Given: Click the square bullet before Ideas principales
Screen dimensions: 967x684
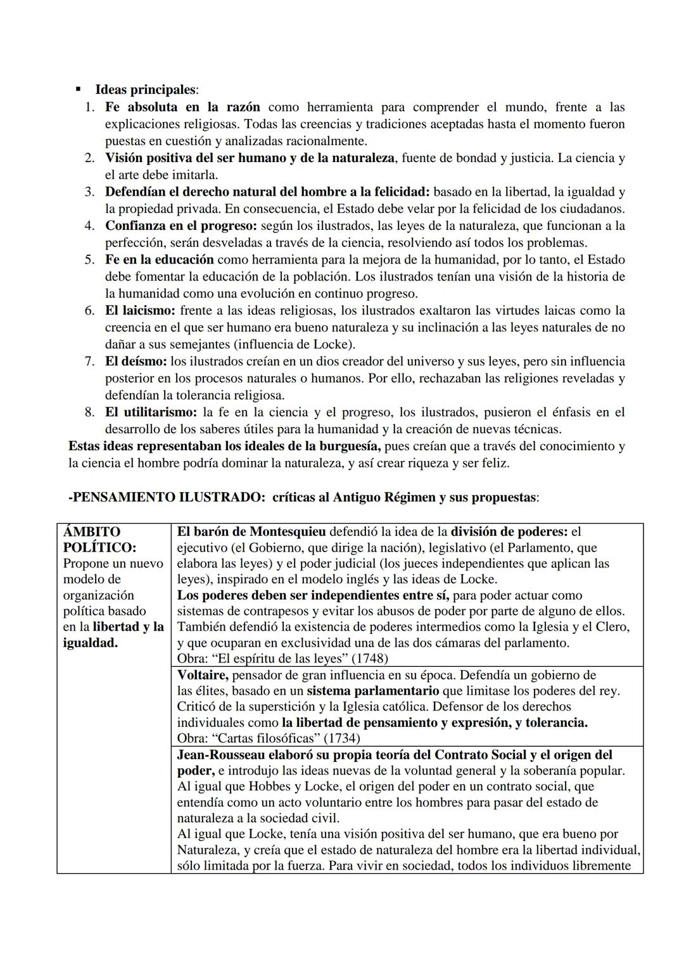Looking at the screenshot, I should tap(79, 90).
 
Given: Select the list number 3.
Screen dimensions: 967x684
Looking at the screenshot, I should tap(90, 192).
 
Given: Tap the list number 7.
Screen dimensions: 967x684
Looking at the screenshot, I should tap(90, 362).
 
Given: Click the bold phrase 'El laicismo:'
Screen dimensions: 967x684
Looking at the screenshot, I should tap(140, 310).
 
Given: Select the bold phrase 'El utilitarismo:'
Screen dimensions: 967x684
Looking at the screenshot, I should tap(151, 412).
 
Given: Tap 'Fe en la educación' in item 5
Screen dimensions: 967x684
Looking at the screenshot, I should tap(159, 260).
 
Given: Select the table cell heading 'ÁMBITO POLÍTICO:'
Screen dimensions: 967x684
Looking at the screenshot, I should tap(99, 540).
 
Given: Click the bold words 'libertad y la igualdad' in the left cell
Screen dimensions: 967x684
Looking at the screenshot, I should tap(114, 635).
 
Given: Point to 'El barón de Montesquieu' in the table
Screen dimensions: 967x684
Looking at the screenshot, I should tap(251, 532).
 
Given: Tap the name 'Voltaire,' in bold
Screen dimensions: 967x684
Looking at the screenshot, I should tap(202, 675).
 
